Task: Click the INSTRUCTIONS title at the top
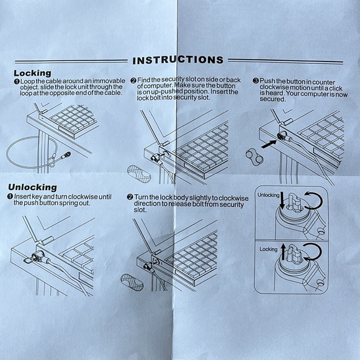tap(179, 60)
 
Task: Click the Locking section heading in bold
tap(32, 73)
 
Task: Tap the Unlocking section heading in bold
tap(36, 187)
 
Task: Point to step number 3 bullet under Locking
tap(255, 81)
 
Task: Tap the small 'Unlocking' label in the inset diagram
tap(268, 195)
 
